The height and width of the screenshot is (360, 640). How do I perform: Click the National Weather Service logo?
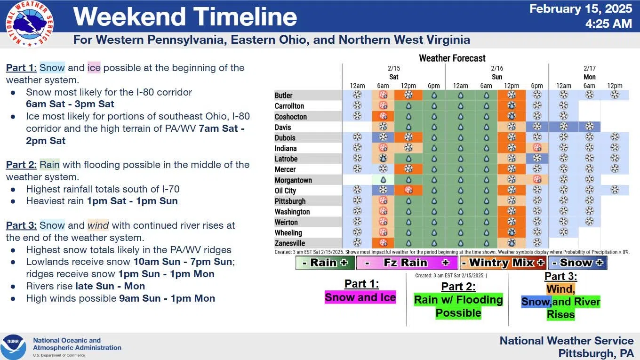click(30, 24)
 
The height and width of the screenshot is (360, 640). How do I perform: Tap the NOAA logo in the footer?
click(13, 347)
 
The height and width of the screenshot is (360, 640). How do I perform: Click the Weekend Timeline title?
click(185, 16)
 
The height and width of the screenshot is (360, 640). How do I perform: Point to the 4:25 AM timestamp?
click(608, 24)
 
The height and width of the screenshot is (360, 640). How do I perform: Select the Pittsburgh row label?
click(290, 201)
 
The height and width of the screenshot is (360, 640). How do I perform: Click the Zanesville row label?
click(290, 243)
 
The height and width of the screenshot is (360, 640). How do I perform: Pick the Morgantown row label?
click(293, 180)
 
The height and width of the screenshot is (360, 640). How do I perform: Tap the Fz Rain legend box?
click(407, 263)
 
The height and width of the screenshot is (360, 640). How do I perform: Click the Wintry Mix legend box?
click(503, 263)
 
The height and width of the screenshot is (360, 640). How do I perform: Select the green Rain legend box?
click(325, 263)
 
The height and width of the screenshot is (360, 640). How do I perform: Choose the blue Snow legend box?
click(578, 263)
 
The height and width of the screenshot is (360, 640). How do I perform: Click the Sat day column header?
click(394, 77)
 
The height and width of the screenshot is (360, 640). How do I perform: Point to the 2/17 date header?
click(590, 68)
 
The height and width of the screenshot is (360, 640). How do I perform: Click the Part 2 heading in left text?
click(22, 165)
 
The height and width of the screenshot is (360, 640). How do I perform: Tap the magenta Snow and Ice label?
click(360, 297)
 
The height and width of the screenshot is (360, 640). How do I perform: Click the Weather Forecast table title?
click(452, 58)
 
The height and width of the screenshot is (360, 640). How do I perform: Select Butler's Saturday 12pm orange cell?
click(408, 95)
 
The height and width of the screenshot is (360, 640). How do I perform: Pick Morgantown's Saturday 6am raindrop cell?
click(383, 180)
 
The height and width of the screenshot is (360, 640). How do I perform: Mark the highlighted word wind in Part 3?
click(98, 225)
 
